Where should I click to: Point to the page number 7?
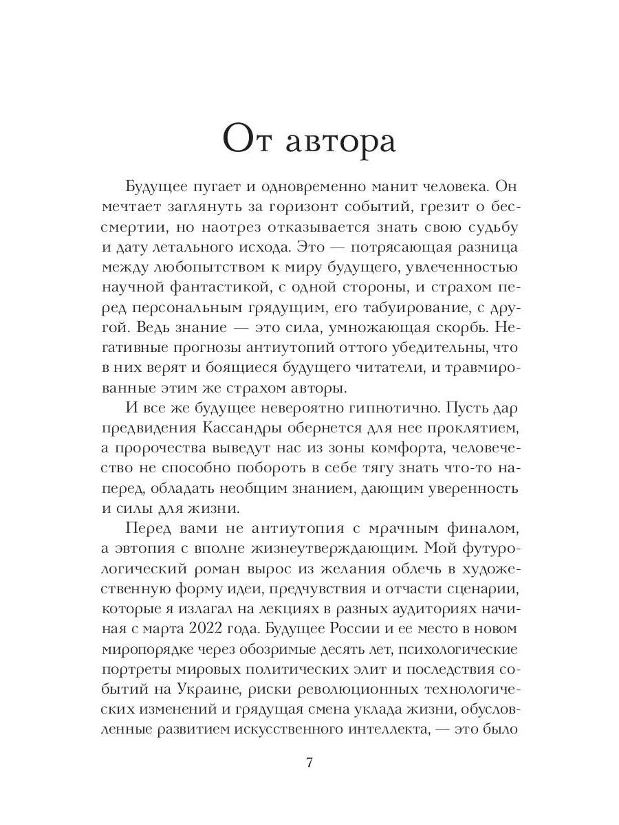(309, 763)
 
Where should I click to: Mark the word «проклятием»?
(468, 429)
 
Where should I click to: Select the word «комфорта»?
(389, 449)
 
